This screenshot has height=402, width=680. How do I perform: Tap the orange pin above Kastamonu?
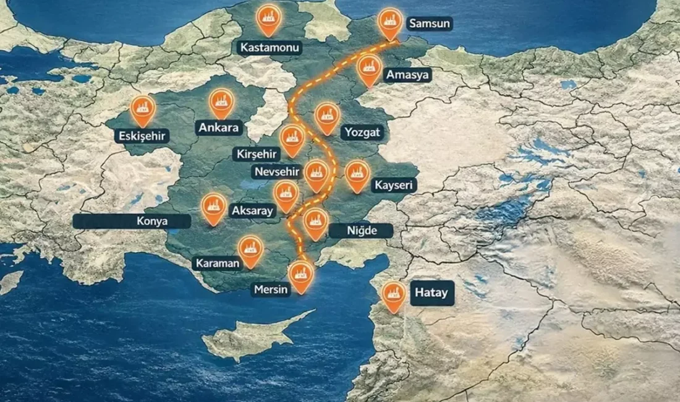pos(269,17)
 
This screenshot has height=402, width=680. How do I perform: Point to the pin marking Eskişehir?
pos(143,108)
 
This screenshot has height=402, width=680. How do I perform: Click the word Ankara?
pos(219,128)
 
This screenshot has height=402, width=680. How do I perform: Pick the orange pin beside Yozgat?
pos(327,116)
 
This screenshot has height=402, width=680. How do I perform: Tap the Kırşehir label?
pos(258,153)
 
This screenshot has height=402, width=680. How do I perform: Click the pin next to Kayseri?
pos(357,173)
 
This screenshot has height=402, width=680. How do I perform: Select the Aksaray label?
pos(252,211)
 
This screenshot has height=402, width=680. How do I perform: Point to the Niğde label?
pos(361,231)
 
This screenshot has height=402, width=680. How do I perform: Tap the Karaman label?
pos(217,263)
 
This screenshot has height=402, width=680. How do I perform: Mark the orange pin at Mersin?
pos(300,275)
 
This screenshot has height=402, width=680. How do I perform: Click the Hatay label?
pos(431,293)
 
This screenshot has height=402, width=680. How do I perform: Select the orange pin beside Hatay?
pos(393,295)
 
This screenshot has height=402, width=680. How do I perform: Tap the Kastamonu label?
pos(270,48)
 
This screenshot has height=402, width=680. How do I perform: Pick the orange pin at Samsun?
pos(389,22)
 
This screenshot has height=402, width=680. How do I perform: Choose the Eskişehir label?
pos(143,135)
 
